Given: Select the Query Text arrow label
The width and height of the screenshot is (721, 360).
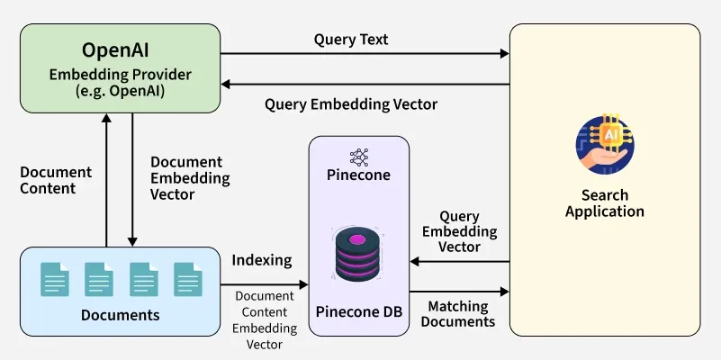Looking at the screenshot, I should [x=351, y=40].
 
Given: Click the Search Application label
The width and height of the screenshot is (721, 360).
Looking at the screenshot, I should [x=604, y=203].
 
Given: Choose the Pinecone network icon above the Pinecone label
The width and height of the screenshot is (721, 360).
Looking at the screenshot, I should [x=358, y=156].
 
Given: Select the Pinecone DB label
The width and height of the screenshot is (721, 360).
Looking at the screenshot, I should [x=358, y=311].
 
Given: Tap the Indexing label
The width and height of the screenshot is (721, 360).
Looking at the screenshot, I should [x=261, y=260].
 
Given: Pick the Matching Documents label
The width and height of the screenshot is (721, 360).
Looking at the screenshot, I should [x=458, y=314].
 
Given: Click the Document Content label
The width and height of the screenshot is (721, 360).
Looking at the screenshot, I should [x=55, y=180].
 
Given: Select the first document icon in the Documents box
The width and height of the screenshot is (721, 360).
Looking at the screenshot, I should [x=53, y=279].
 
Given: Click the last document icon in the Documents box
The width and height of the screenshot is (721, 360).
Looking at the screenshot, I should [x=187, y=279].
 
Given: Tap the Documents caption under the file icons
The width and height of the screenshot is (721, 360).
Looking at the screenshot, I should [x=120, y=315].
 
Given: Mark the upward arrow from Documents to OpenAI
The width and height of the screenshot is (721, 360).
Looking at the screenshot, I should [x=107, y=180].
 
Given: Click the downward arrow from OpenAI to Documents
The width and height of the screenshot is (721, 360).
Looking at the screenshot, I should [x=132, y=180].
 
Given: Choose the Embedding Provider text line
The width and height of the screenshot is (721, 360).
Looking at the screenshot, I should [x=120, y=74].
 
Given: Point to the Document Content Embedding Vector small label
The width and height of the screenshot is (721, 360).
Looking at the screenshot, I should [x=264, y=319].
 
